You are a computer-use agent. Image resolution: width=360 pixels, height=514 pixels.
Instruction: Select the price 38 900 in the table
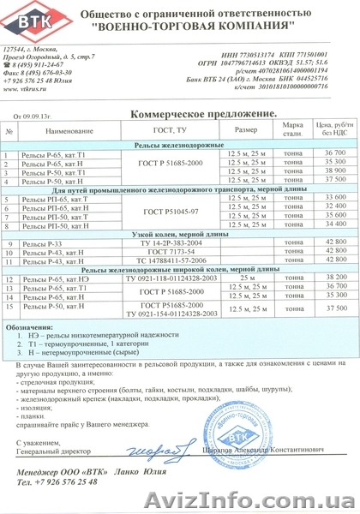coord(321,170)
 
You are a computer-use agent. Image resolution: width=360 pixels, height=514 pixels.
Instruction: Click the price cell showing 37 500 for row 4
coord(321,180)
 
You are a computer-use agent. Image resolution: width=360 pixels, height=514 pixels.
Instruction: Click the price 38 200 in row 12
coord(321,279)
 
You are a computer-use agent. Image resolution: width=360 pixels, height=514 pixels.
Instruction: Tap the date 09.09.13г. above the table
coord(42,114)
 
